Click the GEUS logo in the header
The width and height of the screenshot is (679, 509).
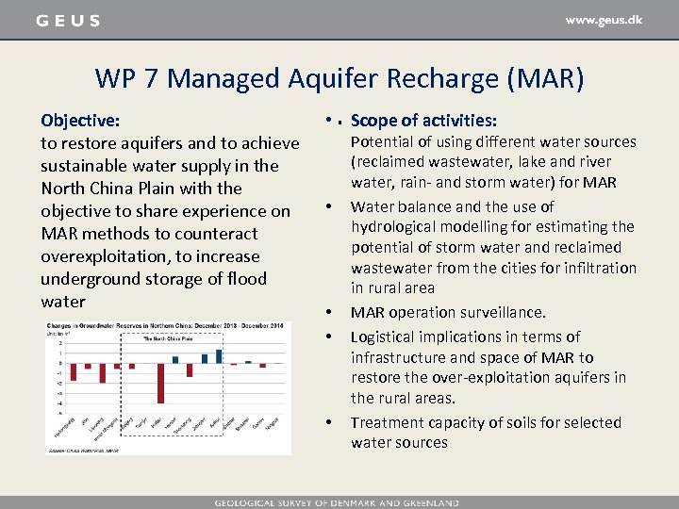coord(67,21)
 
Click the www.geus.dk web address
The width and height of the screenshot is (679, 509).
coord(604,20)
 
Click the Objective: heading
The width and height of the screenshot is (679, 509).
coord(80,121)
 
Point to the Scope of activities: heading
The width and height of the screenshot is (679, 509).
coord(423,121)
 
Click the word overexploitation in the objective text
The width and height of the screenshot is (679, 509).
coord(102,256)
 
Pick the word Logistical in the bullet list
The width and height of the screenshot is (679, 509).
coord(386,337)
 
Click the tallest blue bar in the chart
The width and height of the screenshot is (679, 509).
coord(219,355)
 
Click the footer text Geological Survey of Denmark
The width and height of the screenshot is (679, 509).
coord(337,502)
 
